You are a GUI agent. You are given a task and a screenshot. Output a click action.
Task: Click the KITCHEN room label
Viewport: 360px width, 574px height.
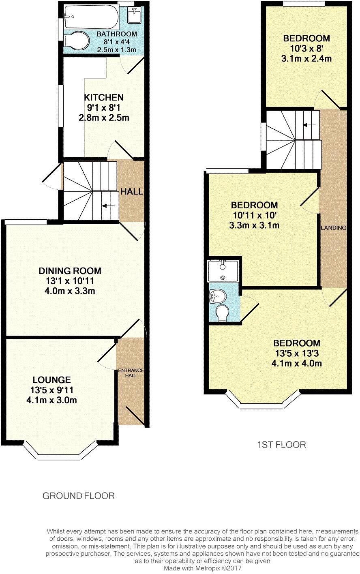click(103, 98)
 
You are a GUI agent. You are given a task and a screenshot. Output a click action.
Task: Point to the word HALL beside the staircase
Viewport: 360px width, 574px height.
click(132, 191)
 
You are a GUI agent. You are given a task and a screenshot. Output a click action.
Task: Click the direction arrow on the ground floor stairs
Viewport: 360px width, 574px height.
click(107, 206)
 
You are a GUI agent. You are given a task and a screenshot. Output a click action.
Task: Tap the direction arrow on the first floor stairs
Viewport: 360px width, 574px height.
click(309, 125)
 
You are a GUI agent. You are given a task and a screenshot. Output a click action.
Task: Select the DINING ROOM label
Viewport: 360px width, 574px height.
click(70, 271)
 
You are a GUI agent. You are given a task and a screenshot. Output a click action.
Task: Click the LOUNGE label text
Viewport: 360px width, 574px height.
click(51, 380)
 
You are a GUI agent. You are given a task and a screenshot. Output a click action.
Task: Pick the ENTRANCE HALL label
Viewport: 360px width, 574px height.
click(131, 373)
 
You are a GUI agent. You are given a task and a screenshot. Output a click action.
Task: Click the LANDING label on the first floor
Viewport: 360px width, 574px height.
click(334, 228)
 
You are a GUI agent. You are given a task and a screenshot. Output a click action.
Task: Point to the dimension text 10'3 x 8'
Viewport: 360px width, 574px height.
click(306, 49)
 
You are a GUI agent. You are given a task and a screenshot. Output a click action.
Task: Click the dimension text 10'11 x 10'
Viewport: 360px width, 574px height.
click(254, 215)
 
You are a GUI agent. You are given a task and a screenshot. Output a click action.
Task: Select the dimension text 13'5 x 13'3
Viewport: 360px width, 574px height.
click(296, 353)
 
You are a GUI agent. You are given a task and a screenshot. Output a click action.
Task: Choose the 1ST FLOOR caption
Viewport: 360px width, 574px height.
click(281, 445)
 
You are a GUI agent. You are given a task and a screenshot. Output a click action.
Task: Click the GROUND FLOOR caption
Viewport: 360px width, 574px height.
click(79, 495)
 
